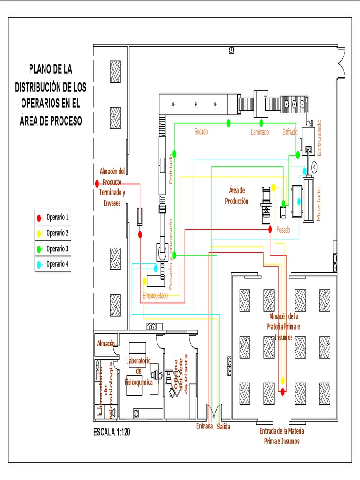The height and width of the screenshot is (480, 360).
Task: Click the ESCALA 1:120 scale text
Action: [112, 433]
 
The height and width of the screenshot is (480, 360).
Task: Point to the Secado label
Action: [201, 132]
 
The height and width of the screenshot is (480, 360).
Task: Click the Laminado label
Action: [259, 133]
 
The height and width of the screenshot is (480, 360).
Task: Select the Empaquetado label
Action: [155, 296]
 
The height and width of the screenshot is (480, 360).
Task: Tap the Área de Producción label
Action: [237, 196]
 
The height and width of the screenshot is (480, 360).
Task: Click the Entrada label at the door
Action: [204, 427]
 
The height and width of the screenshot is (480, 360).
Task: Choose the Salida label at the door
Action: [224, 427]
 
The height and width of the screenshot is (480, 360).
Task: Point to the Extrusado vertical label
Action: [320, 138]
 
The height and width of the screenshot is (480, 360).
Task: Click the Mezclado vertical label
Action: [320, 204]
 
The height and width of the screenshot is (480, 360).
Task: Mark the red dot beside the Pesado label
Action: [270, 229]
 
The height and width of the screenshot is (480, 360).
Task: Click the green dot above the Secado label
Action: [229, 123]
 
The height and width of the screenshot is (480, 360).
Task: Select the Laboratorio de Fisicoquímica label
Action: [138, 371]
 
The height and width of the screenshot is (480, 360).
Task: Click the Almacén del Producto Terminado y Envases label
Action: [112, 187]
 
